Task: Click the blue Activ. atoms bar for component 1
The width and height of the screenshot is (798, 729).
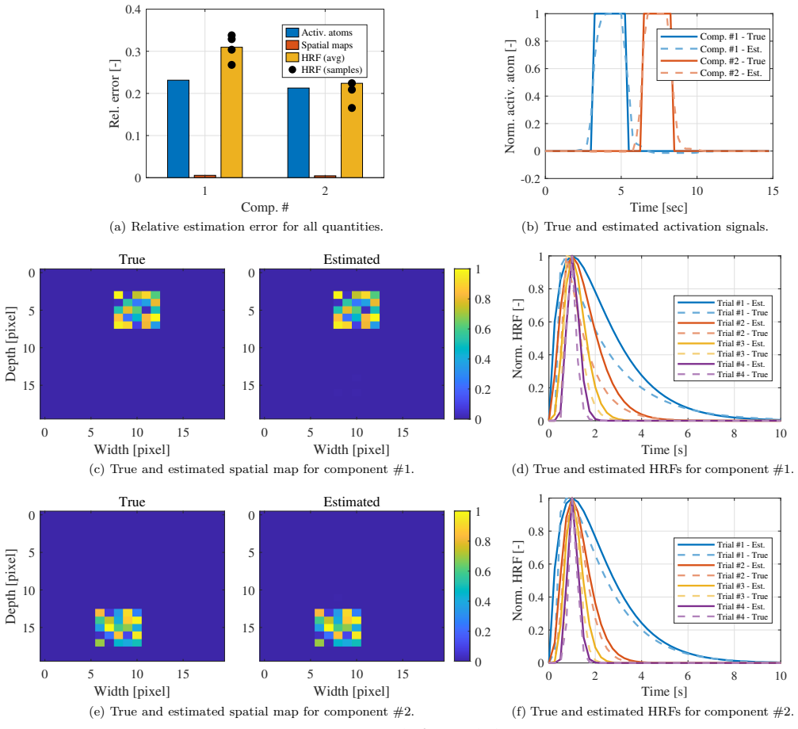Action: (178, 128)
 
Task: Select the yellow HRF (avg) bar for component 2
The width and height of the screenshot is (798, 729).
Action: (352, 130)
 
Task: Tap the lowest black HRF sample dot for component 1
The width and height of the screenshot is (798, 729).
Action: (231, 65)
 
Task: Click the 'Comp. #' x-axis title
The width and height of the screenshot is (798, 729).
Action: (265, 208)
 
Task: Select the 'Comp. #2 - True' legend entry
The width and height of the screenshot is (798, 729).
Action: (712, 61)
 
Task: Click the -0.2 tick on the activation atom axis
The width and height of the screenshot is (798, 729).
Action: (530, 178)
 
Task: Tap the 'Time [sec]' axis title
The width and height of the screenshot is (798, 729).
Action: (659, 208)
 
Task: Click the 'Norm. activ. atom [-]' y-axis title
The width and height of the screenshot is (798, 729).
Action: (510, 96)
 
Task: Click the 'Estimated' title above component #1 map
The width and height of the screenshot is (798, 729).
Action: (352, 259)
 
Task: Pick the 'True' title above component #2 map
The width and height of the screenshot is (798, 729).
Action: (132, 502)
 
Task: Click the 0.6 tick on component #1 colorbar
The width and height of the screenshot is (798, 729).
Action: (483, 329)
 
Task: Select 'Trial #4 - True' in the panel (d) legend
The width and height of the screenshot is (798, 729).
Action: (723, 375)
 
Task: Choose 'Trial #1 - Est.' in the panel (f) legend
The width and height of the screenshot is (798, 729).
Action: (722, 545)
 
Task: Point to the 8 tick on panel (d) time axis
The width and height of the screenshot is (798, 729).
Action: (734, 433)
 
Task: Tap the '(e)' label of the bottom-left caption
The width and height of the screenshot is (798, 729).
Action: (97, 712)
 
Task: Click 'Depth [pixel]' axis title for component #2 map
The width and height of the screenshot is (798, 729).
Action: (10, 586)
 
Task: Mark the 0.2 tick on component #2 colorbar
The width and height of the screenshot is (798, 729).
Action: (483, 632)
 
